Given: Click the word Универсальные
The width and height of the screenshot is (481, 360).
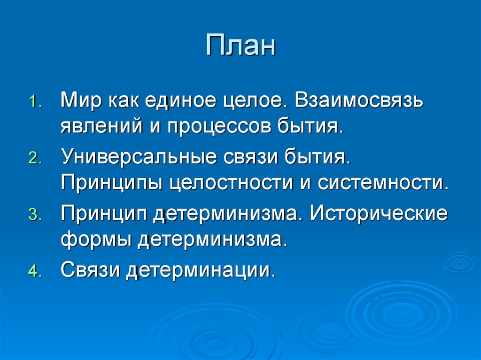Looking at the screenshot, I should [134, 156].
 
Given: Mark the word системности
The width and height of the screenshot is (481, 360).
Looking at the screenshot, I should [380, 183].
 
